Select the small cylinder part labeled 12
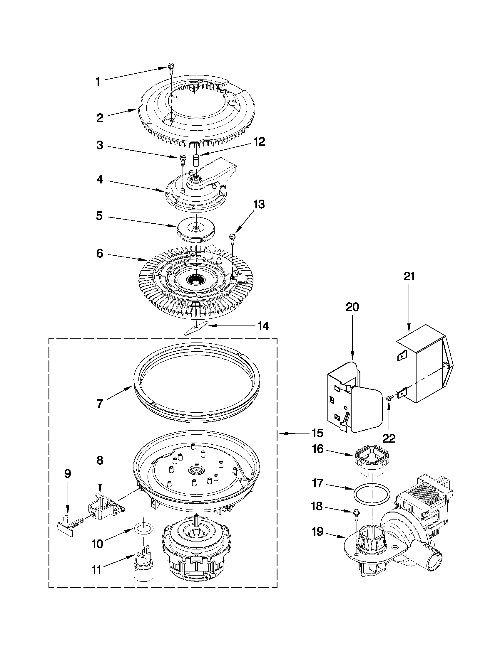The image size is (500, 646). pos(196,161)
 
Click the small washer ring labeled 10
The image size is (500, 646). pos(144,527)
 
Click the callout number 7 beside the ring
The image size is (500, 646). pos(100,404)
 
